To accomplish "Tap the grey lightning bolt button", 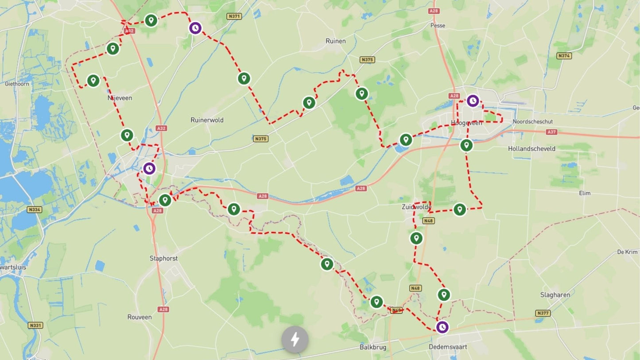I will [x=295, y=340].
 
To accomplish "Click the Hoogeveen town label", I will [x=466, y=123].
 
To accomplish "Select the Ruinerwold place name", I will [x=207, y=120].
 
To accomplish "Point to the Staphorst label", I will [x=163, y=258].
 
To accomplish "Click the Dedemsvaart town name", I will [x=448, y=347].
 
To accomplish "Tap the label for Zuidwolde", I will [x=416, y=207].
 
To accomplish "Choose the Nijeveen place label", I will [x=120, y=98].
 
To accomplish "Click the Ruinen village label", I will [x=335, y=41].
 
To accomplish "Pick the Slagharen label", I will [x=555, y=294].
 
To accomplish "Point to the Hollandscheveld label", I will [x=531, y=149].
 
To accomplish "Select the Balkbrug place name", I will [x=372, y=347].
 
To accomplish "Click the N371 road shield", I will [x=234, y=16].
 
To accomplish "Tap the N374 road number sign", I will [x=564, y=56].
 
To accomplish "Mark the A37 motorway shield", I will [x=551, y=132].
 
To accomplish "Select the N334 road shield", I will [x=35, y=209].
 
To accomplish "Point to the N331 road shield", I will [x=35, y=325].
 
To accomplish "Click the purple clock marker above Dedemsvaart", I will [x=442, y=327].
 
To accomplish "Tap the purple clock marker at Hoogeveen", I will [x=473, y=101].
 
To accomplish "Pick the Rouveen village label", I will [x=140, y=317].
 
